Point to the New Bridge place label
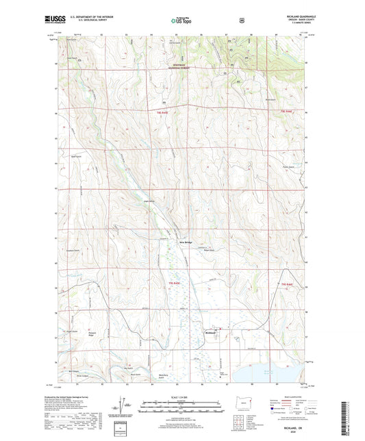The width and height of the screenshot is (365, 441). [x=186, y=242]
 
